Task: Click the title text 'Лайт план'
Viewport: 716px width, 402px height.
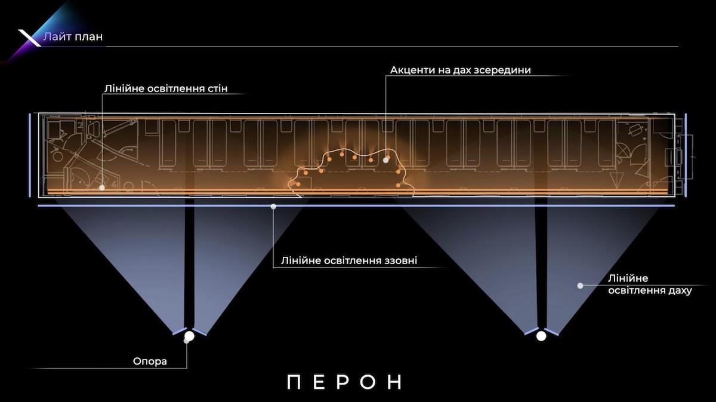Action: click(73, 36)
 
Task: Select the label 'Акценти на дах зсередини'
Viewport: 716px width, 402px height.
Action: click(460, 70)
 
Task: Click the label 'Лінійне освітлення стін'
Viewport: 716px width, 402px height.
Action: click(165, 89)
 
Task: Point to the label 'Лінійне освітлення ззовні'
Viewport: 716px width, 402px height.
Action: click(349, 261)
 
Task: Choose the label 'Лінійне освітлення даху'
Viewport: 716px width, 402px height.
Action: click(649, 285)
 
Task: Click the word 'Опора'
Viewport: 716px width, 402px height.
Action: click(150, 361)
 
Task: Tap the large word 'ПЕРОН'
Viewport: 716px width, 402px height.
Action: click(345, 382)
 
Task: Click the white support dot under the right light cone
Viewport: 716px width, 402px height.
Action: click(541, 336)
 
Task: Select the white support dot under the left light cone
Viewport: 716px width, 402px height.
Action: click(190, 336)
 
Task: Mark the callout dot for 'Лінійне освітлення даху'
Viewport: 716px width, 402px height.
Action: click(580, 286)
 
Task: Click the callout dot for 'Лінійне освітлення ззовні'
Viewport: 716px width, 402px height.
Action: click(273, 207)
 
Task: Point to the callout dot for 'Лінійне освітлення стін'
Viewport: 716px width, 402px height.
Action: click(102, 187)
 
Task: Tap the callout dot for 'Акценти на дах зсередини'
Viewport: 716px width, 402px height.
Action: click(386, 159)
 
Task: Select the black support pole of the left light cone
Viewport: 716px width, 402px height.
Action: click(189, 263)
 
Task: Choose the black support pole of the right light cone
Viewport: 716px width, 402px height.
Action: click(541, 263)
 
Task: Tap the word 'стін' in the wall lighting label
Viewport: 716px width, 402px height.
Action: click(215, 89)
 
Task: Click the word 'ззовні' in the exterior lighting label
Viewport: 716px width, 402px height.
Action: click(401, 261)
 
